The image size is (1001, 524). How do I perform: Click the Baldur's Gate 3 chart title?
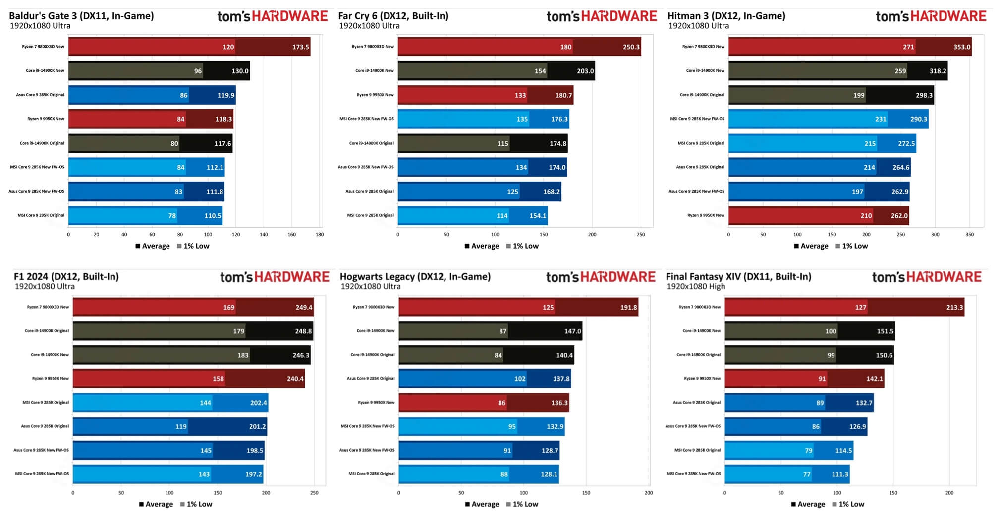coord(81,16)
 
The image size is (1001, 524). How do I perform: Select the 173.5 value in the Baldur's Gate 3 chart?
coord(300,47)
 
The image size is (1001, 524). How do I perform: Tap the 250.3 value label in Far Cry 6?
coord(631,47)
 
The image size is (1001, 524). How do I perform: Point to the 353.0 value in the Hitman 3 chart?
coord(961,47)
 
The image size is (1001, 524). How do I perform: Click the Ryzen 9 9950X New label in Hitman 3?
coord(706,215)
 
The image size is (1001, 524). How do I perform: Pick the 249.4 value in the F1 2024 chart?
coord(304,308)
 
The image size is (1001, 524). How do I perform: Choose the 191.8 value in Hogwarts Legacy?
coord(628,308)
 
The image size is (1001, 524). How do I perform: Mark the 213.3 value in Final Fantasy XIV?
coord(954,308)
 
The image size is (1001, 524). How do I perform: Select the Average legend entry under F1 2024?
coord(156,504)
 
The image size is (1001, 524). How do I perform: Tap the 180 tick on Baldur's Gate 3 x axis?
coord(320,235)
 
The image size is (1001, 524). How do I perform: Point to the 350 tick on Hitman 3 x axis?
coord(969,235)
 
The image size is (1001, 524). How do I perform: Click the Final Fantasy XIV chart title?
coord(738,277)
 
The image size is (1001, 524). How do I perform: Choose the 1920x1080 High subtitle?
coord(695,287)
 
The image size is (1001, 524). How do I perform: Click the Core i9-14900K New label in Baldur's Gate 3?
coord(45,71)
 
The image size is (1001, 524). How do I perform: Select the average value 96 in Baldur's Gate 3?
coord(198,71)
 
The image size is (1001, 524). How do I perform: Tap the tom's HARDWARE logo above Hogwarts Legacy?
coord(601,277)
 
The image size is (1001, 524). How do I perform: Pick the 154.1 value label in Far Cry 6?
coord(538,216)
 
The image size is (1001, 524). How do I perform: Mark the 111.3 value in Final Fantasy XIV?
coord(840,474)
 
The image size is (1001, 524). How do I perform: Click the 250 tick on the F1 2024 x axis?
coord(314,493)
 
